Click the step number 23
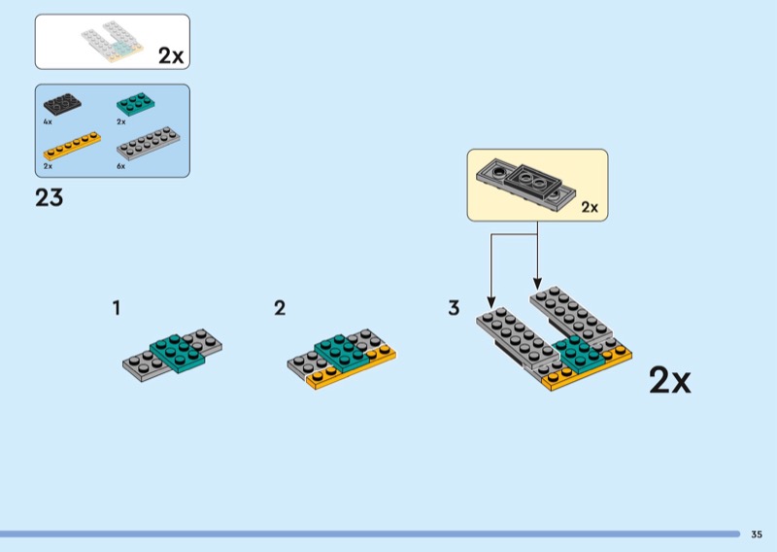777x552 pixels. [49, 198]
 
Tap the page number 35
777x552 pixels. [756, 534]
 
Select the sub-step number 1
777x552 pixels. [117, 309]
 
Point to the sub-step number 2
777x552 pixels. [280, 309]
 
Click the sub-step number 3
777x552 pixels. [454, 309]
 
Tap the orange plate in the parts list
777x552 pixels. [73, 145]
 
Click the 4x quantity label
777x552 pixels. [47, 122]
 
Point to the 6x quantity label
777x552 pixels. [121, 166]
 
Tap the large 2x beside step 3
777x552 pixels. [669, 381]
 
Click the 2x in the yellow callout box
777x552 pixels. [591, 207]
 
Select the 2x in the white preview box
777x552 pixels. [171, 56]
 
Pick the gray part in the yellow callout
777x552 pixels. [524, 183]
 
